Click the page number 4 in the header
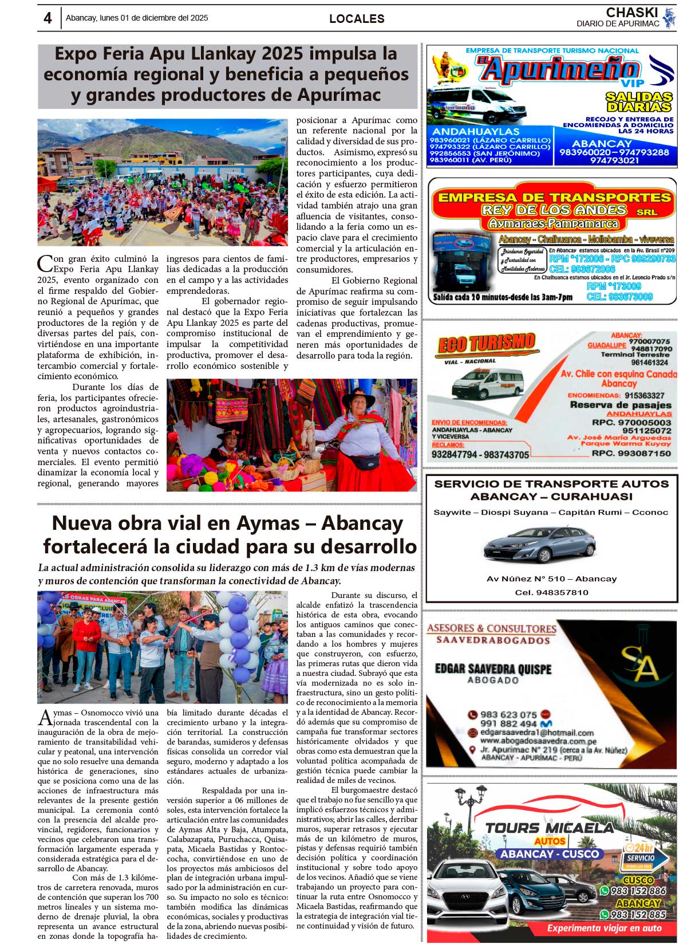point(48,18)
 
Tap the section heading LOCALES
point(357,19)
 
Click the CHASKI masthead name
point(631,12)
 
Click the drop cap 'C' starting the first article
point(45,263)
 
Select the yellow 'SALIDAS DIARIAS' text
point(639,101)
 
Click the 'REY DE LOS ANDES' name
point(554,210)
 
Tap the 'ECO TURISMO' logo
point(487,344)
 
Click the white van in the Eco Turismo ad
point(488,383)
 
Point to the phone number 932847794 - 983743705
point(480,454)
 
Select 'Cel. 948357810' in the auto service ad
point(551,592)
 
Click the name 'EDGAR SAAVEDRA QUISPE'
point(493,668)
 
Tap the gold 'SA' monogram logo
point(640,662)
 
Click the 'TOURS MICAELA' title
point(549,828)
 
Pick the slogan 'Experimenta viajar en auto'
point(604,928)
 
